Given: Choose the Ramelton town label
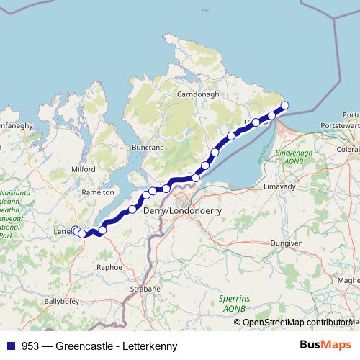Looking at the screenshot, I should tap(98, 193).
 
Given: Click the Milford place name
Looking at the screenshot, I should tap(83, 168).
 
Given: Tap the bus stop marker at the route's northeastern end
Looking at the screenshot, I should tap(284, 106).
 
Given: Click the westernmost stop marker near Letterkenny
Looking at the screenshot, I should tap(74, 230).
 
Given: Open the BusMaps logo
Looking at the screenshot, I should tap(325, 345).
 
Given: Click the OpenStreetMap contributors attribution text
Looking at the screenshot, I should tap(297, 323).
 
